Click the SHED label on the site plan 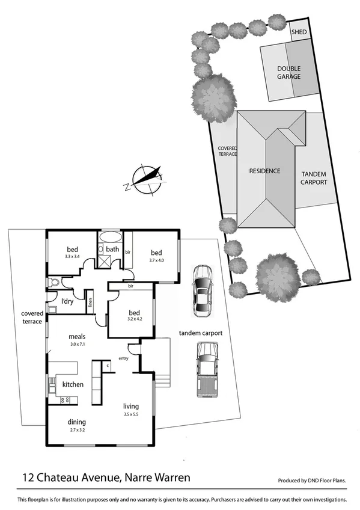pyautogui.click(x=298, y=32)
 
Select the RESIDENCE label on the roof pyautogui.click(x=264, y=171)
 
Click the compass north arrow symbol pyautogui.click(x=147, y=179)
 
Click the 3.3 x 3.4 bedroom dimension pyautogui.click(x=72, y=256)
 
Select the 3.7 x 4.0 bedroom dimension pyautogui.click(x=156, y=260)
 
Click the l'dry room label pyautogui.click(x=67, y=301)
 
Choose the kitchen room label pyautogui.click(x=73, y=384)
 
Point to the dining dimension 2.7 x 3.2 pyautogui.click(x=77, y=431)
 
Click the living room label pyautogui.click(x=131, y=406)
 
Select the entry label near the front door pyautogui.click(x=124, y=358)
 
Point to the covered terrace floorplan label pyautogui.click(x=32, y=317)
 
